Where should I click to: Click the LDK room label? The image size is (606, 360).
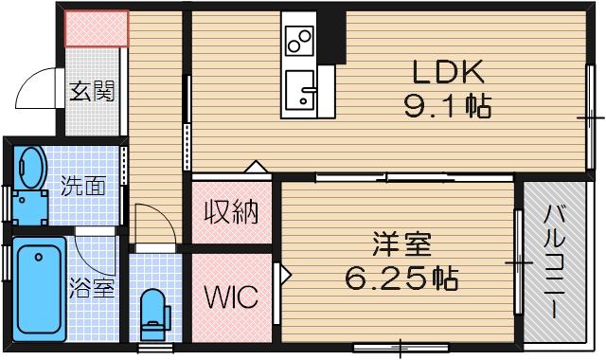pos(448,71)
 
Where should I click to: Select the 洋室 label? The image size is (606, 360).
pos(402,244)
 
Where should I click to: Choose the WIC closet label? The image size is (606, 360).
pos(231,297)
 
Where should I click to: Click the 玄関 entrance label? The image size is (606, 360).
pos(93,92)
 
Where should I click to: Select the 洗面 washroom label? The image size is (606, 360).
pos(83,186)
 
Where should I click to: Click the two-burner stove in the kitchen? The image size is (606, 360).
pos(299,42)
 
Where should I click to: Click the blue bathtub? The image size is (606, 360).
pos(41,292)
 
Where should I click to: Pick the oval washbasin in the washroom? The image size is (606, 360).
pos(30,168)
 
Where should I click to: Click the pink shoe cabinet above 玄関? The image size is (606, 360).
pos(96,28)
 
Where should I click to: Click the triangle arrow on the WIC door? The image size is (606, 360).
pos(282,274)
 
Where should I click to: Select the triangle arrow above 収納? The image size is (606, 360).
pos(256,167)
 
